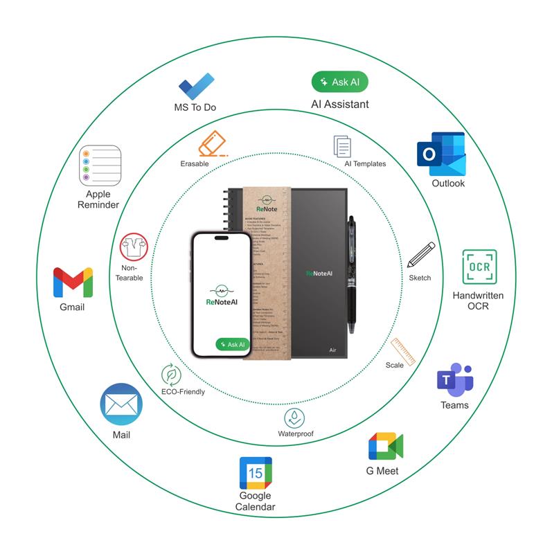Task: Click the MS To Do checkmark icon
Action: [x=195, y=87]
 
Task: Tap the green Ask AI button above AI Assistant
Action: [x=339, y=82]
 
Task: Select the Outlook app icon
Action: [x=440, y=154]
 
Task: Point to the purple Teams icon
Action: [x=454, y=379]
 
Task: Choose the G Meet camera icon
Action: [x=385, y=447]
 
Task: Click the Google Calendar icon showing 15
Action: [x=256, y=473]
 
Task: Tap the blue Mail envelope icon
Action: [x=121, y=404]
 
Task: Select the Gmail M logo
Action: [x=73, y=282]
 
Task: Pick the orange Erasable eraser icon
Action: [x=212, y=143]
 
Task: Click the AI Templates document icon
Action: [x=343, y=146]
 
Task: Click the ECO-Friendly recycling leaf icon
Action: [x=170, y=375]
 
